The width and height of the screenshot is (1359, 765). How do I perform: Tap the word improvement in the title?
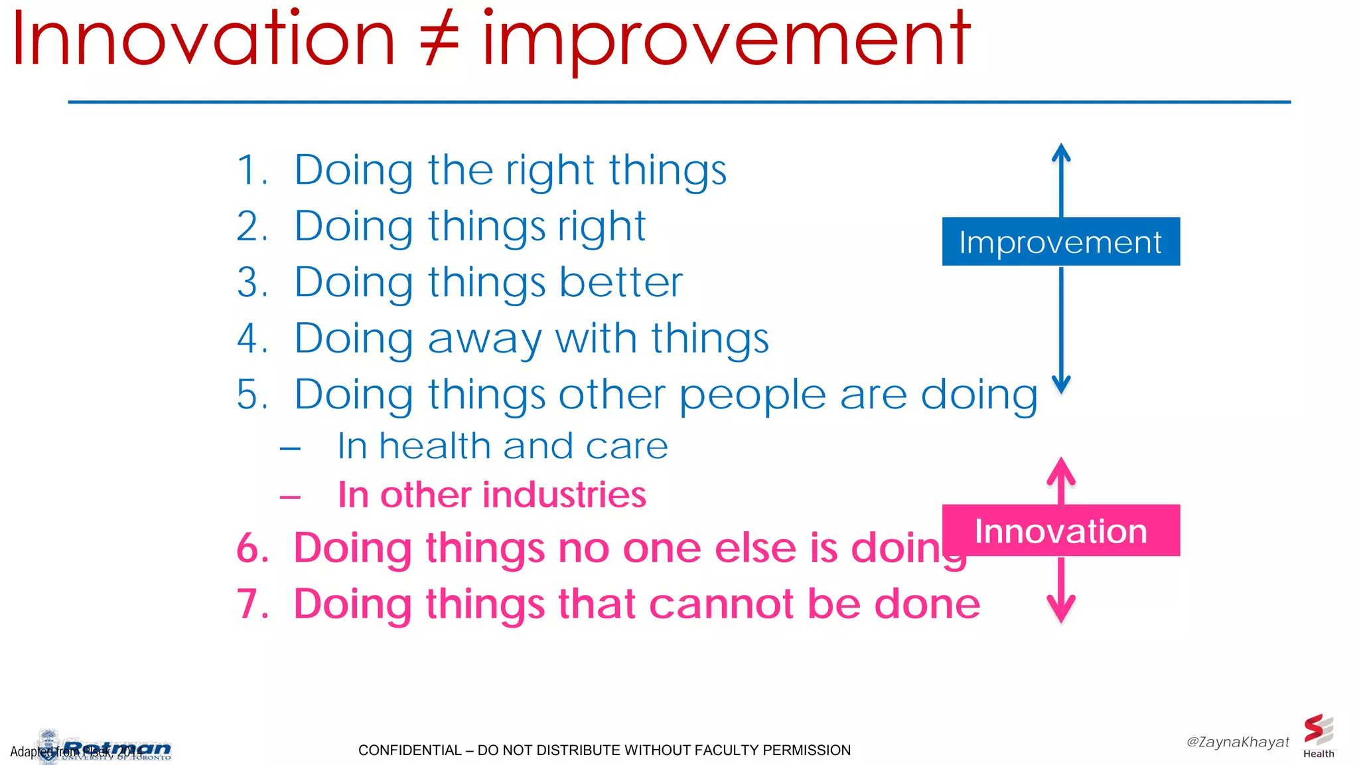[x=726, y=41]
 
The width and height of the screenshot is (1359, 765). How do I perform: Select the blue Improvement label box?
[x=1060, y=242]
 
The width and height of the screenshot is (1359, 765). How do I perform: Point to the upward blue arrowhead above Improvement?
[x=1061, y=153]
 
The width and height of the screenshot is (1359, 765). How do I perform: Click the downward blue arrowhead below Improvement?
[x=1061, y=384]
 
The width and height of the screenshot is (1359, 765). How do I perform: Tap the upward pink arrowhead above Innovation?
[x=1061, y=469]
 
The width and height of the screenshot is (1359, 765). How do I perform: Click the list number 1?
[x=251, y=171]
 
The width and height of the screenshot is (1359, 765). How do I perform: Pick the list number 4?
[x=251, y=339]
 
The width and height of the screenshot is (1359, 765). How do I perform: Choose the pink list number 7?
[x=252, y=604]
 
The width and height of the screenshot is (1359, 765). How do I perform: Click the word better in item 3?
[x=620, y=282]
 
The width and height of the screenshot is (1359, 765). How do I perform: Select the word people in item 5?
[x=752, y=396]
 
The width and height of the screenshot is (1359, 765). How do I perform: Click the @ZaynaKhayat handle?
[x=1238, y=742]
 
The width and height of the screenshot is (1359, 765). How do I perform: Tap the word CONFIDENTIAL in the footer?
[x=409, y=750]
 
